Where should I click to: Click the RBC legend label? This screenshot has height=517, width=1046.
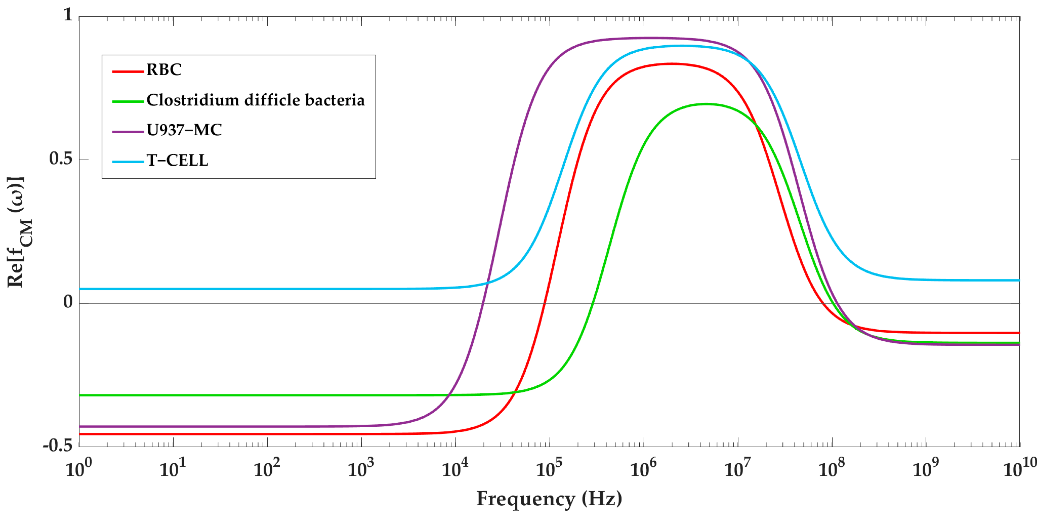(x=164, y=70)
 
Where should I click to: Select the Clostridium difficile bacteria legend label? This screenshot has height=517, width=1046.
(x=256, y=100)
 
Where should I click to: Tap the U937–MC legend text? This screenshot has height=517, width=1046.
(x=184, y=130)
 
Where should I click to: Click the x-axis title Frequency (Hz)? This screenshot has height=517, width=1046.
(x=549, y=498)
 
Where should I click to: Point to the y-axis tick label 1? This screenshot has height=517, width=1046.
(x=68, y=15)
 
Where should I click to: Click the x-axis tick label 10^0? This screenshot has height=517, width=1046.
(x=78, y=468)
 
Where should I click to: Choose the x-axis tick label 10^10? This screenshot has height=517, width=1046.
(x=1020, y=468)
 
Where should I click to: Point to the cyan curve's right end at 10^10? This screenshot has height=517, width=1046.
(x=1019, y=280)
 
